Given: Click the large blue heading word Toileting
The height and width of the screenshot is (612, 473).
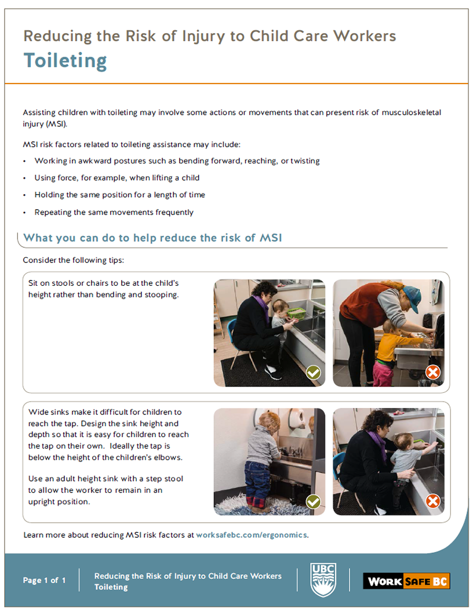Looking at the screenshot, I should tap(65, 60).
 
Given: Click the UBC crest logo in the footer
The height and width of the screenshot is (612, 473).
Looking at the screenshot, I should tap(323, 580).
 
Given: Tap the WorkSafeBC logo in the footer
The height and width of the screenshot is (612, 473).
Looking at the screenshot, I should tap(406, 580).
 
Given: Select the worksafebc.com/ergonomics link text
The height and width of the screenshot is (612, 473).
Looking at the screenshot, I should tap(252, 535).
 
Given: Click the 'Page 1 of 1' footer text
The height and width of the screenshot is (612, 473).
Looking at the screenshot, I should tap(45, 580).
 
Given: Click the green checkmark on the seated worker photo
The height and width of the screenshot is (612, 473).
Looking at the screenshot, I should tap(313, 372).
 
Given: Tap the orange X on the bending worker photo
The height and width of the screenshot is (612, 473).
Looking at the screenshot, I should tap(432, 372).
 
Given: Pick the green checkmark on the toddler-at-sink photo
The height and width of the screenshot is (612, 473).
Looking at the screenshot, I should tap(313, 501).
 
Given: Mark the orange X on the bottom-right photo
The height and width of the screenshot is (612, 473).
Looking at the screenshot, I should tap(432, 501).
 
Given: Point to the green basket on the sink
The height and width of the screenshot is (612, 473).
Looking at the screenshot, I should tap(296, 313).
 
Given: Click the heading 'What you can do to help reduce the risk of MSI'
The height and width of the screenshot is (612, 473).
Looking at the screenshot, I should tap(152, 238).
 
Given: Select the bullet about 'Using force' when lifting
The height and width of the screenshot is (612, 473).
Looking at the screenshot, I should tap(117, 178).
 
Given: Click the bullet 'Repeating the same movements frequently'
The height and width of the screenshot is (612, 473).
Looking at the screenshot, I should tap(114, 212).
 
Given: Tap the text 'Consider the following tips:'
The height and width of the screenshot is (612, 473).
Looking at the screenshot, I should tap(73, 260).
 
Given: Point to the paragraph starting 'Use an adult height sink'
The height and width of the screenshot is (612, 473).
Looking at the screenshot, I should tap(105, 490).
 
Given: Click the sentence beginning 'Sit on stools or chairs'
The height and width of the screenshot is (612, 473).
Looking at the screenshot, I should tap(103, 289).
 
